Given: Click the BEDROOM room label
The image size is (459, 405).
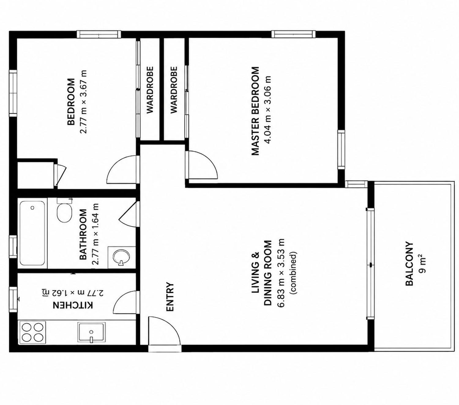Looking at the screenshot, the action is click(x=71, y=102).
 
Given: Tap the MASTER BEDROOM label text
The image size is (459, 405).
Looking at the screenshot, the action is click(x=255, y=111).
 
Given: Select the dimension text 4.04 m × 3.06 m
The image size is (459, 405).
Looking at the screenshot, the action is click(x=267, y=110).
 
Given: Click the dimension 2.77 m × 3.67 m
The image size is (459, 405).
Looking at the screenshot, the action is click(x=83, y=102).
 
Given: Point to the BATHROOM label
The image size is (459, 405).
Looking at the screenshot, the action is click(x=83, y=234).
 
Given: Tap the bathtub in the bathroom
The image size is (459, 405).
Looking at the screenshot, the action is click(x=32, y=233).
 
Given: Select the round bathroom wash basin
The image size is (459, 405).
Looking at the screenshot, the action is click(x=121, y=257).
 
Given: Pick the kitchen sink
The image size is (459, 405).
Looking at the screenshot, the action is click(x=91, y=333).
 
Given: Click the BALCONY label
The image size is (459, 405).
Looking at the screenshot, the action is click(x=409, y=267).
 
